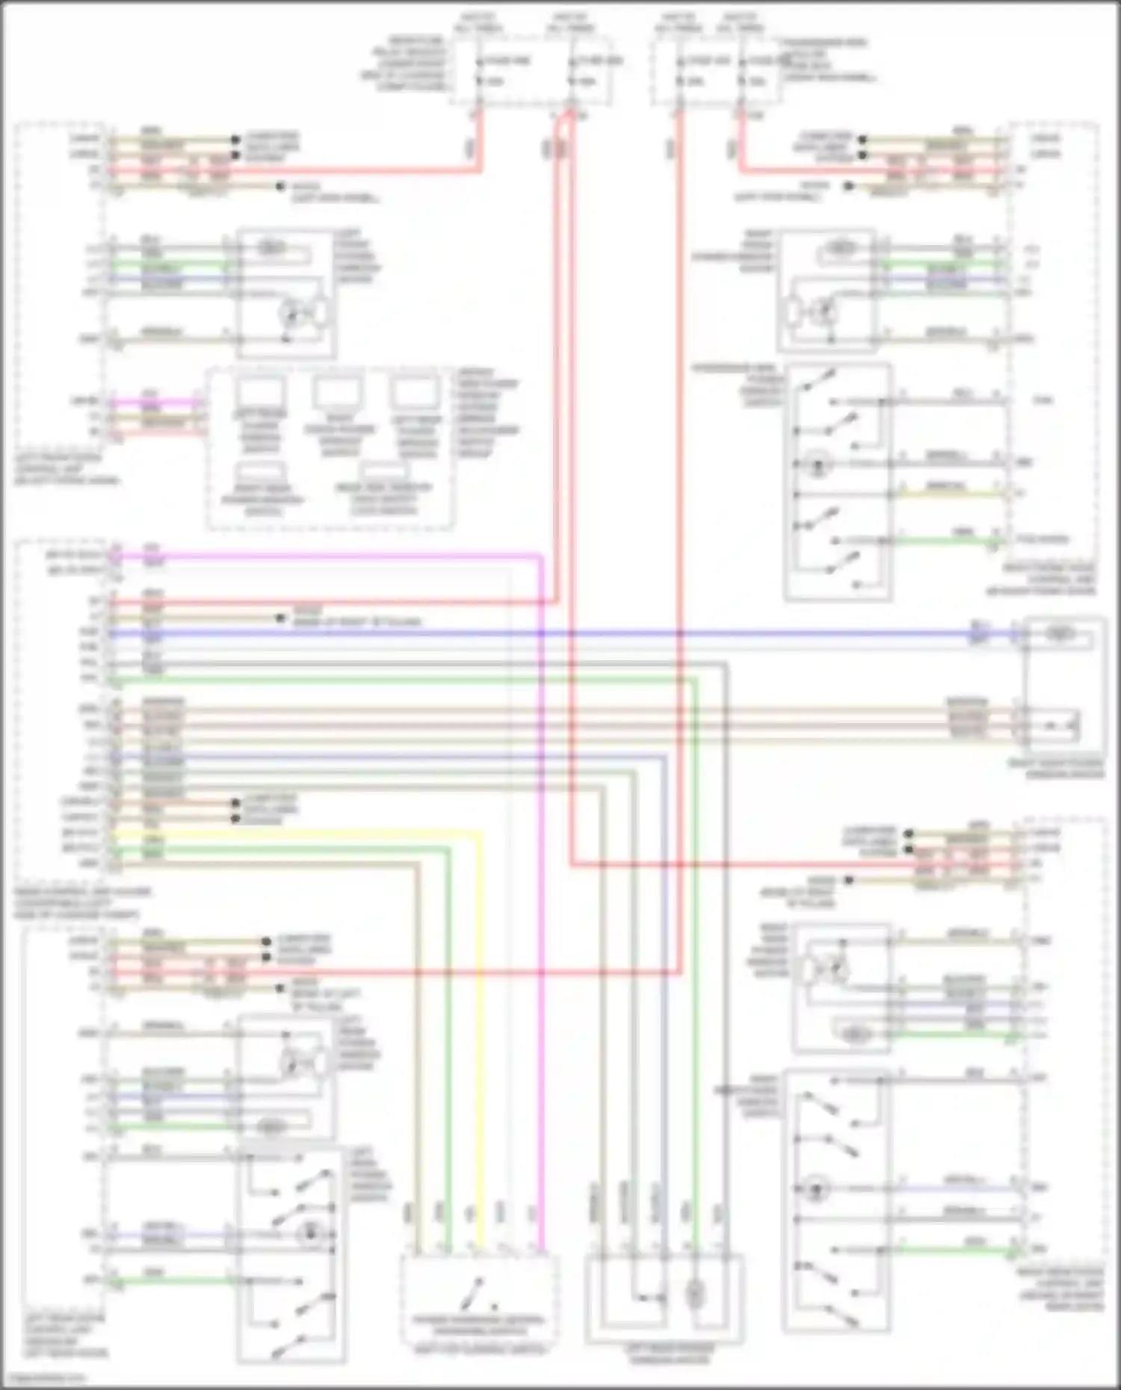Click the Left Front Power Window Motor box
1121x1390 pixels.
click(285, 294)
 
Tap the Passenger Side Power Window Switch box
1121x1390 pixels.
click(838, 482)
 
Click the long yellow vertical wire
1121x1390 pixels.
click(478, 1046)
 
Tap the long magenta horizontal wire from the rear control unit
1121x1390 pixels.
click(321, 556)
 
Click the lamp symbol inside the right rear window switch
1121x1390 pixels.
click(816, 1186)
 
